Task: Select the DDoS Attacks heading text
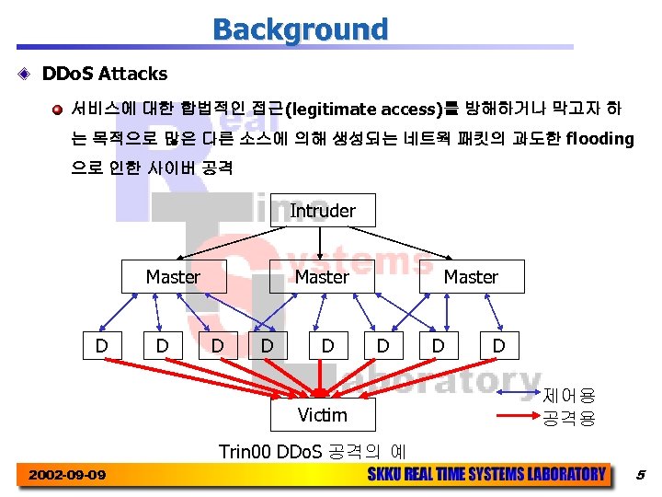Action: click(105, 73)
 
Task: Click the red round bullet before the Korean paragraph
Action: click(57, 110)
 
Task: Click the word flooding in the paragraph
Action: click(600, 139)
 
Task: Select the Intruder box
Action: click(322, 211)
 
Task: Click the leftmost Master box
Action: click(173, 277)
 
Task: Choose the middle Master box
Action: click(322, 277)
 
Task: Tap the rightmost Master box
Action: click(471, 277)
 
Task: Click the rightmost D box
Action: click(498, 345)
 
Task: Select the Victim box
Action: click(322, 415)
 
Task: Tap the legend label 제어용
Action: click(569, 397)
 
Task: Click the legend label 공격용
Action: click(569, 419)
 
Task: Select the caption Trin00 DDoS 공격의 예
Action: click(313, 452)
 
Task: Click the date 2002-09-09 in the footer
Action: click(66, 475)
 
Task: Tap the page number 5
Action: click(641, 475)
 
